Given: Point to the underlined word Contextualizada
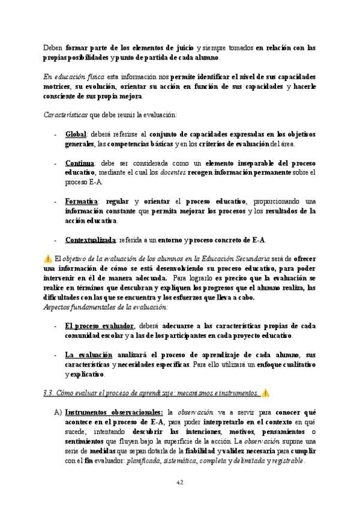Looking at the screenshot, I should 90,239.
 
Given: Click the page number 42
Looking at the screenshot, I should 180,482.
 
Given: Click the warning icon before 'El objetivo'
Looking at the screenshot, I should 49,259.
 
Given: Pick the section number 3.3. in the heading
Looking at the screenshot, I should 50,394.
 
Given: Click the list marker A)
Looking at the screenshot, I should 58,413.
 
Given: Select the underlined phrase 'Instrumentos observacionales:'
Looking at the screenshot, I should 113,413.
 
